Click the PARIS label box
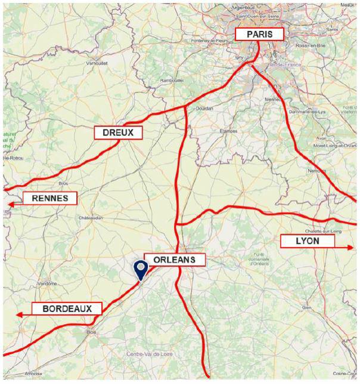tap(259, 35)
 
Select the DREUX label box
tap(118, 133)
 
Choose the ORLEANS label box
tap(175, 260)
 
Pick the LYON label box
tap(308, 241)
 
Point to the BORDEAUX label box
tap(66, 309)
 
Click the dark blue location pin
tap(141, 270)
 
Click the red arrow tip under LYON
tap(350, 247)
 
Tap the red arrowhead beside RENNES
tap(11, 205)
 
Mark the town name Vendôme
tap(46, 284)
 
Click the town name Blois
tap(91, 332)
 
